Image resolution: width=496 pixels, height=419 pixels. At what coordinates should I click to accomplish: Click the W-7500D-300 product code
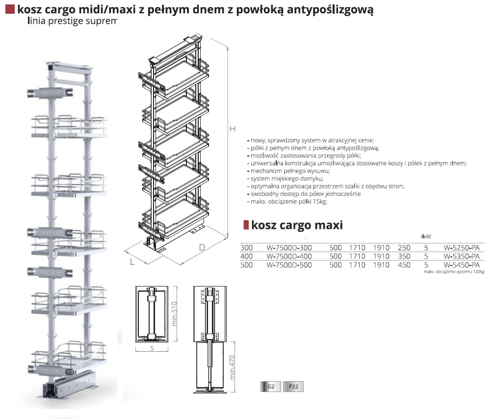tap(289, 248)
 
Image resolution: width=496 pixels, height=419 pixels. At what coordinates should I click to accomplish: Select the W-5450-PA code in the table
tap(461, 264)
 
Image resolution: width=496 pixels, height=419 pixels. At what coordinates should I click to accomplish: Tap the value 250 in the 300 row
tap(404, 248)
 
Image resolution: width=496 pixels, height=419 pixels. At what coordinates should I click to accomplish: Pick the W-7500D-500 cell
tap(289, 265)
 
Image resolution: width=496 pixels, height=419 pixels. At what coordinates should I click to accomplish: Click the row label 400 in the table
tap(246, 256)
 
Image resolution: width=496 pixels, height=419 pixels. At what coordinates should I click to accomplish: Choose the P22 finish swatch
tap(293, 387)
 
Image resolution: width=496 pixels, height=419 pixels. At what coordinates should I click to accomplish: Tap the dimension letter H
tap(233, 129)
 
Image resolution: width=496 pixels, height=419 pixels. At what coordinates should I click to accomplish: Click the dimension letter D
tap(202, 247)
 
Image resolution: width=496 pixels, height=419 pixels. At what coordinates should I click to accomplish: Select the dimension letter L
tap(132, 262)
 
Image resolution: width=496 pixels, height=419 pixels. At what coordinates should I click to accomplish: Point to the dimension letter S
tap(152, 349)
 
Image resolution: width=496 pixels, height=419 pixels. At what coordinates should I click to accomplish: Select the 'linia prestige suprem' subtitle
tap(73, 21)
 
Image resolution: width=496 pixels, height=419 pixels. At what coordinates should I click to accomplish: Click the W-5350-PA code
tap(461, 256)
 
